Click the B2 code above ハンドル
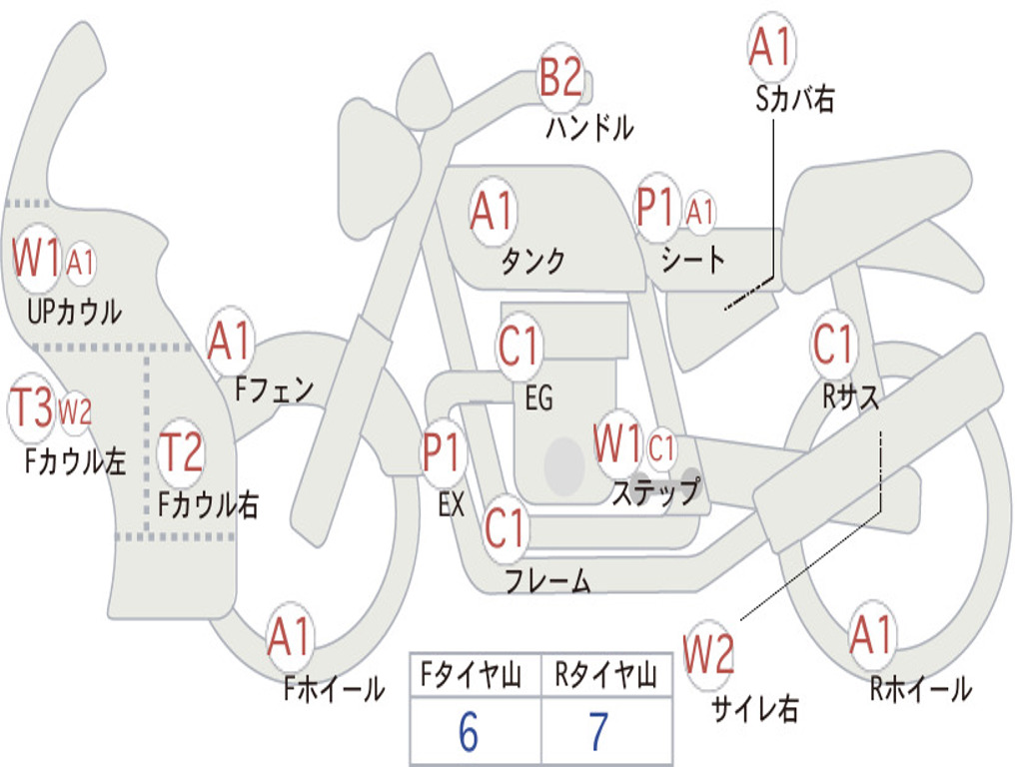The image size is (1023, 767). point(560,78)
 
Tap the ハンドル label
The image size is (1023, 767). point(589,128)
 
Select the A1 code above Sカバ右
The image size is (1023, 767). point(770,46)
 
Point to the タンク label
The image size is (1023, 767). point(532,261)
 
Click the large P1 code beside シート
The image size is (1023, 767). point(657,210)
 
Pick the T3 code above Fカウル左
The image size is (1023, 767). point(31,407)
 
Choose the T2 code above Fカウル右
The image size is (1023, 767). point(182,452)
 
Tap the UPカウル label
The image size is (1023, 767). point(75,312)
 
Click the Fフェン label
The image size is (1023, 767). point(275,387)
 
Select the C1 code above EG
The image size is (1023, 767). point(518,348)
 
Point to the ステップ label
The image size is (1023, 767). point(655,492)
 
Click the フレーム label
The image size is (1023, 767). point(547,580)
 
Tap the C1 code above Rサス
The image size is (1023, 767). point(833,345)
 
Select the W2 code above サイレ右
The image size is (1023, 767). point(708,654)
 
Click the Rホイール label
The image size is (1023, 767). point(920,688)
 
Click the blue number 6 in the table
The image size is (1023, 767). point(469,733)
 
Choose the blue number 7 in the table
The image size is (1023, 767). point(598,733)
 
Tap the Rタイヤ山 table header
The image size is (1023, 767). point(605,677)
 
